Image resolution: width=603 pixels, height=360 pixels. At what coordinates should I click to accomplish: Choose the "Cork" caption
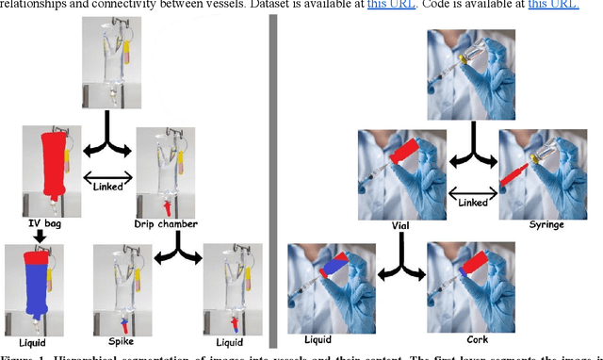pyautogui.click(x=462, y=337)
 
